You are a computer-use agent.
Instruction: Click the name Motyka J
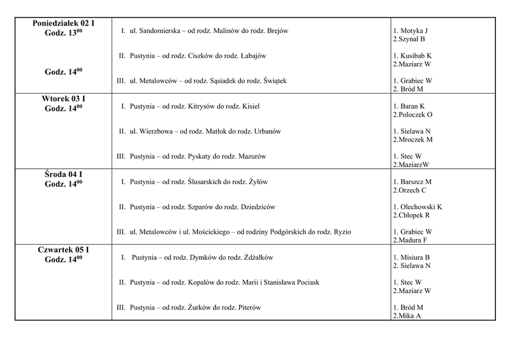[414, 31]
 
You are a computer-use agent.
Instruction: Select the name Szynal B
[411, 39]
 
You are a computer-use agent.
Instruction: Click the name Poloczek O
[414, 114]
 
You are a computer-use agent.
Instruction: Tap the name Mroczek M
[414, 139]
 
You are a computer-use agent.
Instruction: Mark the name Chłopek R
[412, 215]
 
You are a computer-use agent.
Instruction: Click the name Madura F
[412, 240]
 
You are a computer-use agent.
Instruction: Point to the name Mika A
[409, 315]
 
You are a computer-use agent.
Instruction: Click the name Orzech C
[412, 190]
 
